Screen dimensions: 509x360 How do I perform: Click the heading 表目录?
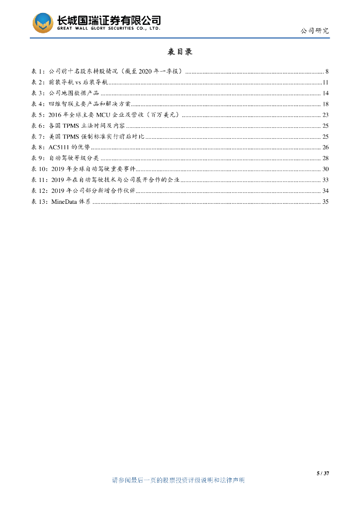[180, 52]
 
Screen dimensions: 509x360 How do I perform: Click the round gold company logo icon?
[43, 23]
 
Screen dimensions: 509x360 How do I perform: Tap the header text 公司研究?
[314, 31]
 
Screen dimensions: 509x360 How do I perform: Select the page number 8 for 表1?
[327, 71]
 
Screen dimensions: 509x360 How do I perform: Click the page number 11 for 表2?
[325, 82]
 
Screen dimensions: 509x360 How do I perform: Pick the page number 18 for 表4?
[325, 104]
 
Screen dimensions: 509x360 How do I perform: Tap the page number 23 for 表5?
[325, 115]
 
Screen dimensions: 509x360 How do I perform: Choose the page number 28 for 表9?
[325, 159]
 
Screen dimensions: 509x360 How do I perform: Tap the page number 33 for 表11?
[325, 180]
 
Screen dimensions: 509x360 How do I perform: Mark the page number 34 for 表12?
[325, 191]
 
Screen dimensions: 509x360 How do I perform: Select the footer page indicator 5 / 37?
[323, 473]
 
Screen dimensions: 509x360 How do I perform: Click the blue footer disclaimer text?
[179, 480]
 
